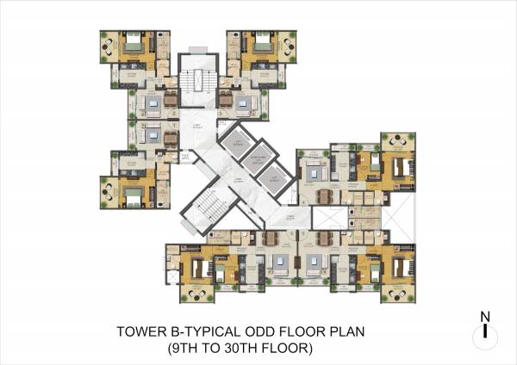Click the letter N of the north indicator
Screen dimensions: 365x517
pos(486,316)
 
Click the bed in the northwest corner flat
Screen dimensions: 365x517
pos(134,47)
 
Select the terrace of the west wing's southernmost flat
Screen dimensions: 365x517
pos(108,189)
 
